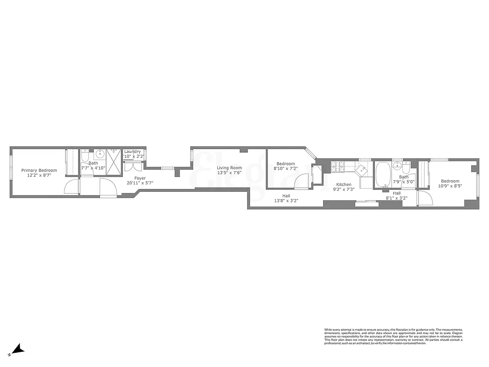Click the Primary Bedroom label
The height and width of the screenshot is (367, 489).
(x=39, y=170)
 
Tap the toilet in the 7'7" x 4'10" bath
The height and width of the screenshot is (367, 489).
(x=85, y=158)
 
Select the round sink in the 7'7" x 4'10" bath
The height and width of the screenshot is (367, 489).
(x=99, y=154)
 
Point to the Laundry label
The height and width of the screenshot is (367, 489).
(x=132, y=151)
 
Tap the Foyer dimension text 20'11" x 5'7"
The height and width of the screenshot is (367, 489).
(x=140, y=183)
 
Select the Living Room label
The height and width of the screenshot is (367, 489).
(x=229, y=168)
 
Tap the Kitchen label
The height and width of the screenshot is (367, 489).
(x=344, y=184)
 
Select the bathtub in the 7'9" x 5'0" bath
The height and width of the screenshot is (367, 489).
(x=383, y=176)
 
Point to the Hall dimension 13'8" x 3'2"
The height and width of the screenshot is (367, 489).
(x=286, y=200)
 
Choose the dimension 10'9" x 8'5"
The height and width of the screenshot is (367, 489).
(x=451, y=186)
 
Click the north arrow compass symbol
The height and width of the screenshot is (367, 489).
(x=17, y=350)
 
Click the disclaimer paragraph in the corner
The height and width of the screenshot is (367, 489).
(x=393, y=336)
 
